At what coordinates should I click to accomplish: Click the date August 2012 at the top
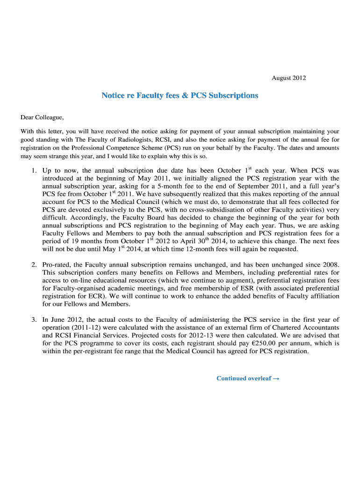tap(288, 78)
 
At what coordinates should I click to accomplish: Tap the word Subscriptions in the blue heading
tap(233, 95)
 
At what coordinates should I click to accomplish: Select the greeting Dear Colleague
tap(42, 117)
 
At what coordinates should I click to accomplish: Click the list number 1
tap(34, 171)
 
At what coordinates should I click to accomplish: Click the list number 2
tap(34, 265)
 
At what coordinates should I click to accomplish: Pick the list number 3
tap(34, 319)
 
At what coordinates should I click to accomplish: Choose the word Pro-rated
tap(57, 265)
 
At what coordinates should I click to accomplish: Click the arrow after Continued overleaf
tap(276, 379)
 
